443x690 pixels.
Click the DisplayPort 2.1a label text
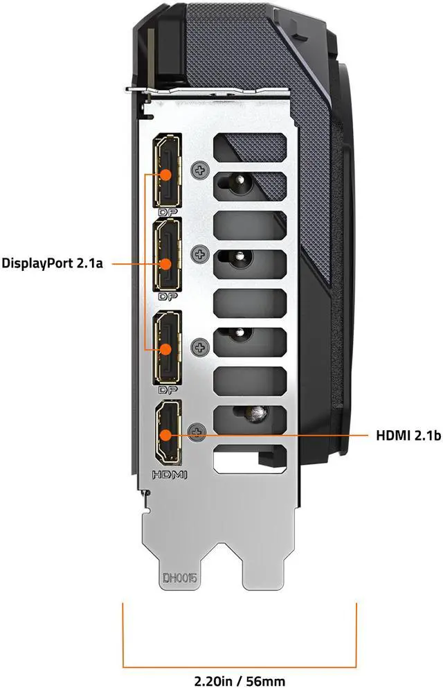click(x=52, y=263)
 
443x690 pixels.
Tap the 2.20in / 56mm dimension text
click(x=239, y=681)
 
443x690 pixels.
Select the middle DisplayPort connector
click(x=167, y=255)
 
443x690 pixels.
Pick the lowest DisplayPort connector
click(x=167, y=348)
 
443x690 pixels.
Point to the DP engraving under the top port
click(x=167, y=212)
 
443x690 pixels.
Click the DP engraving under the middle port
click(x=167, y=297)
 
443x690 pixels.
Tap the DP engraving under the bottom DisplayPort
click(x=167, y=389)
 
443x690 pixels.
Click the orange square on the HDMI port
click(x=167, y=436)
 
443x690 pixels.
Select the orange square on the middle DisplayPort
click(x=167, y=263)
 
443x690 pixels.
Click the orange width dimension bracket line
click(x=239, y=646)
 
